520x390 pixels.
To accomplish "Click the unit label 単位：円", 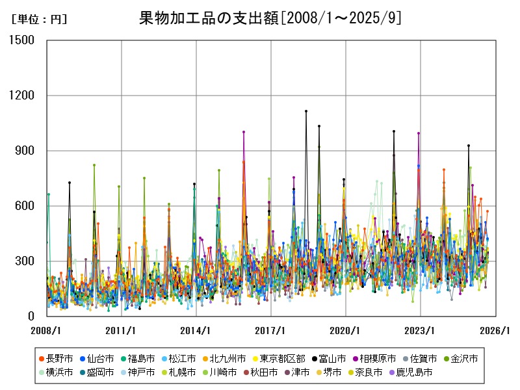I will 39,19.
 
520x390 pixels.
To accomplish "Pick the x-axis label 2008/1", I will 47,330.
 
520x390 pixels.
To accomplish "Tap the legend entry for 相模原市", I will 378,358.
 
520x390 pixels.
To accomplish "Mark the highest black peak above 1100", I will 306,111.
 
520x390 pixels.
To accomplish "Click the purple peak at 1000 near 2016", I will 244,132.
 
